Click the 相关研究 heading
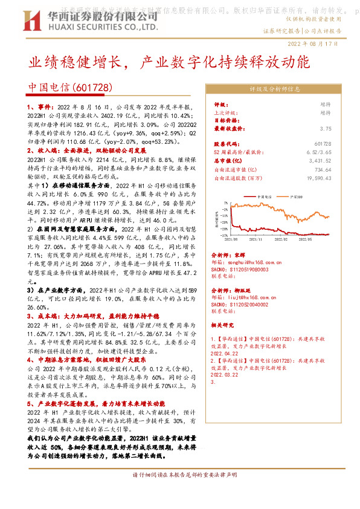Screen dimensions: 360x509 pos(226,325)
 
